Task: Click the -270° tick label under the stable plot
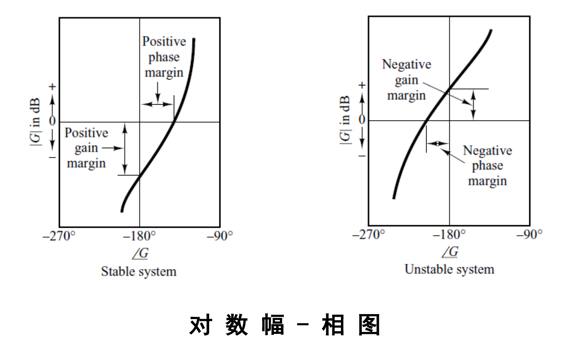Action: [x=59, y=236]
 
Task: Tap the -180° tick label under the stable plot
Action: [x=139, y=236]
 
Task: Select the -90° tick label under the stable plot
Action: [x=220, y=236]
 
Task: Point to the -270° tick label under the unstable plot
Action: [x=368, y=235]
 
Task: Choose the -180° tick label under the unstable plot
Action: [x=449, y=235]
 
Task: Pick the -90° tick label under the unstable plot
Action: [x=530, y=235]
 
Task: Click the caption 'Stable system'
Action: [x=139, y=271]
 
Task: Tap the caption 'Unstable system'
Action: [x=449, y=269]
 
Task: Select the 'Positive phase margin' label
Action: [x=164, y=57]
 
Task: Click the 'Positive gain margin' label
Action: [x=86, y=148]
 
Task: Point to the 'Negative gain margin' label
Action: [x=406, y=80]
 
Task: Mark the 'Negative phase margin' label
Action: [x=487, y=166]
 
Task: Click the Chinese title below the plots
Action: [x=284, y=325]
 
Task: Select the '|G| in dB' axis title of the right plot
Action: [x=345, y=120]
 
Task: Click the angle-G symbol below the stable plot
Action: [x=141, y=253]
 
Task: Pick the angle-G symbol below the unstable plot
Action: [x=450, y=251]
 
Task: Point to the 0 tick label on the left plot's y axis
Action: [x=52, y=121]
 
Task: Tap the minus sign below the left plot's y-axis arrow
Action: [x=52, y=157]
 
